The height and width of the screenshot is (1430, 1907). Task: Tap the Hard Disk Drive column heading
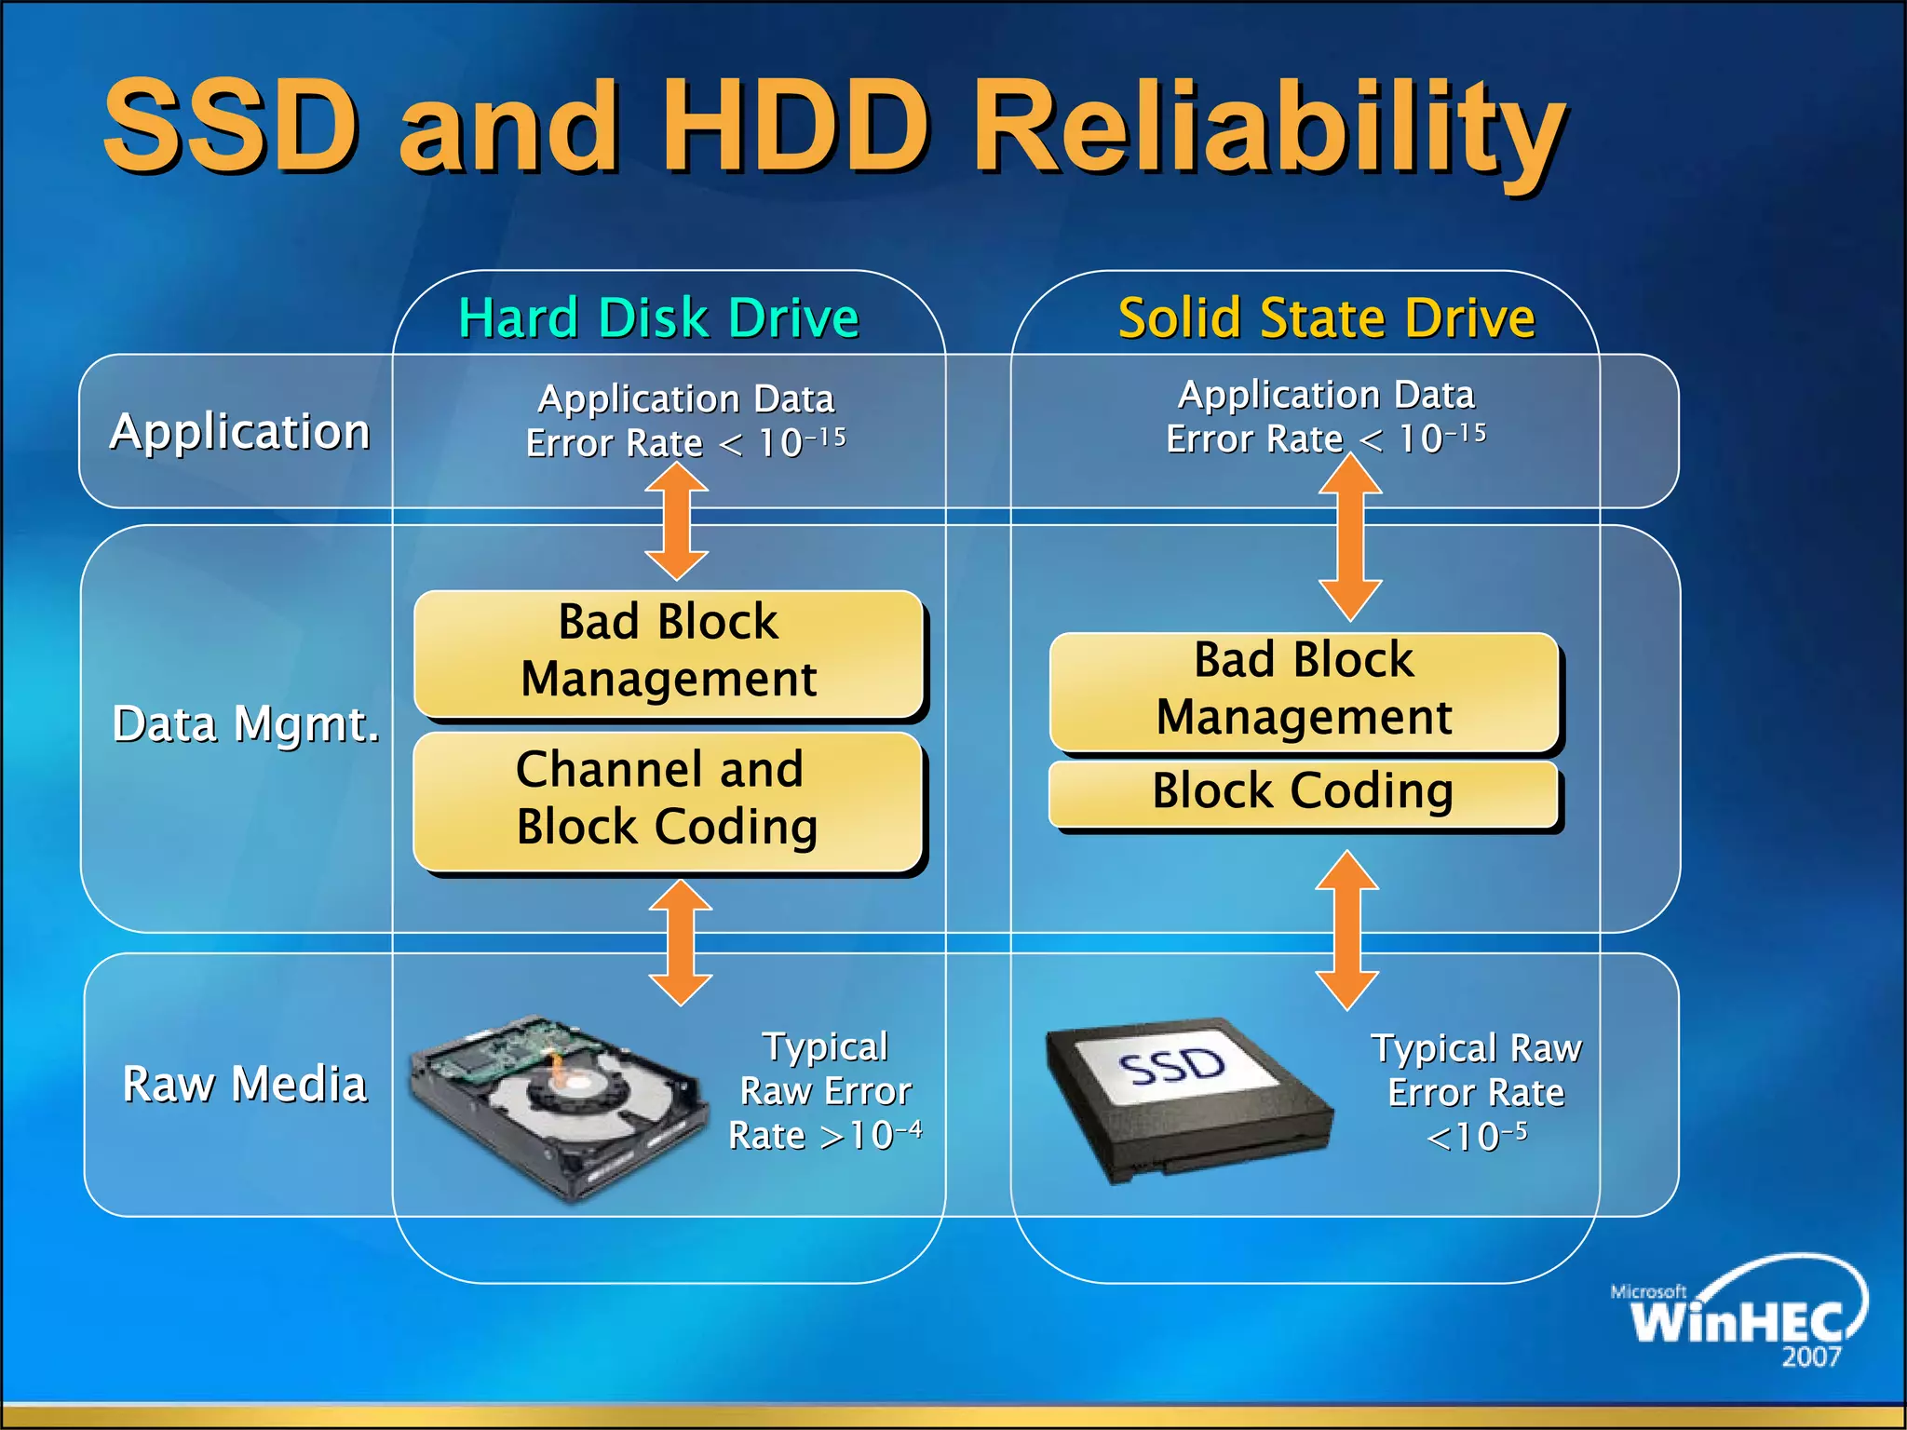(658, 317)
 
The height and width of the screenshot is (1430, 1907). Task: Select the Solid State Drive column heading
(1326, 317)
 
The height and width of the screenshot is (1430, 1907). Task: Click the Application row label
(240, 432)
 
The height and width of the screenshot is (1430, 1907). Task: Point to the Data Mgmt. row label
(246, 723)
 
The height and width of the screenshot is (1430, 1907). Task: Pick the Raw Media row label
(245, 1084)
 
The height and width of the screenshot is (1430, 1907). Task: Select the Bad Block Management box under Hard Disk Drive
(668, 652)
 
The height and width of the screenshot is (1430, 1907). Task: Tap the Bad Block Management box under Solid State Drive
(1304, 690)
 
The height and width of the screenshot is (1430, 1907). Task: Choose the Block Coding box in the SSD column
(1304, 792)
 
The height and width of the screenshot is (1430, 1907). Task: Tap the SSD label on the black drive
(1172, 1067)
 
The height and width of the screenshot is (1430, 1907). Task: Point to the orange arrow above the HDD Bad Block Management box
(677, 521)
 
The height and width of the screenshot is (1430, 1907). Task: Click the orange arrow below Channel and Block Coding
(681, 942)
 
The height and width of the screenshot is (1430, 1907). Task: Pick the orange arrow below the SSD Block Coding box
(1346, 930)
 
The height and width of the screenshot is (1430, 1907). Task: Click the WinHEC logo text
(1738, 1321)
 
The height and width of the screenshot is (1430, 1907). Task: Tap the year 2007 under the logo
(1811, 1357)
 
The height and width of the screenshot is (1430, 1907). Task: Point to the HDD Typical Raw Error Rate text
(825, 1091)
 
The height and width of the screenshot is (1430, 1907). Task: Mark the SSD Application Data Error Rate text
(1326, 417)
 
